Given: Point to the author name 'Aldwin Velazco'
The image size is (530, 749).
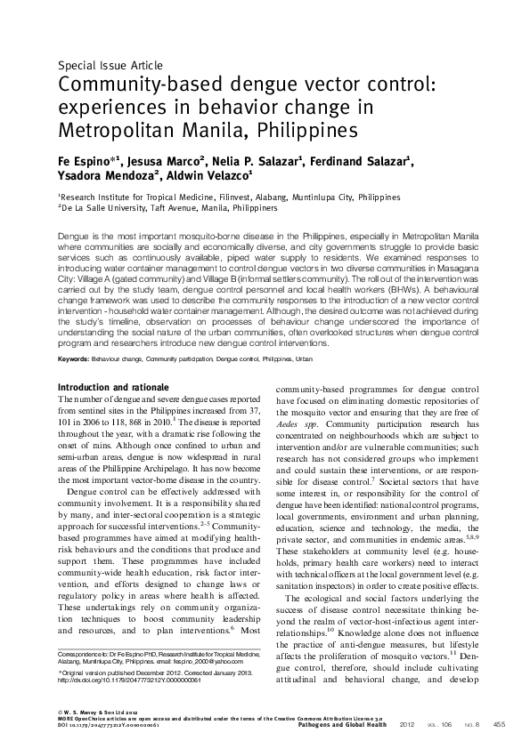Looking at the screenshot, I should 211,176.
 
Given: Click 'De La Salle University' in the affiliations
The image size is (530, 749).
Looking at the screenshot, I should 106,207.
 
